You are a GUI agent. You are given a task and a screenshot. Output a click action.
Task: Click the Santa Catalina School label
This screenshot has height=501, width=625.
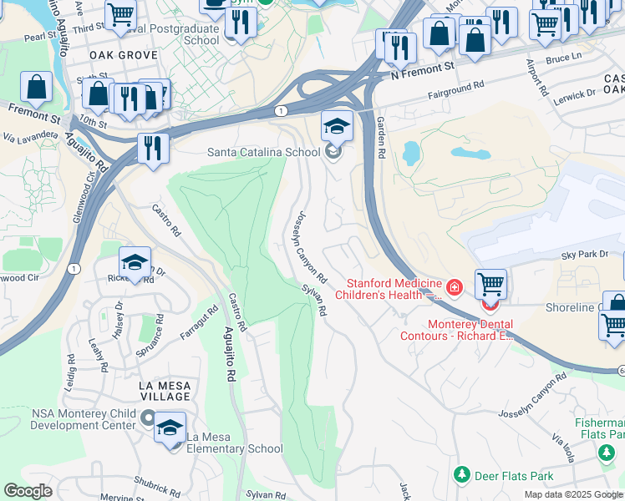[263, 152]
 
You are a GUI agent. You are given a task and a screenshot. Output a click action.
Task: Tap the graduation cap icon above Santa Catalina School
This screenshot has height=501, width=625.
[337, 127]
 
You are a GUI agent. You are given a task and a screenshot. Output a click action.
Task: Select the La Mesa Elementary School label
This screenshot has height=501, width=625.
[235, 448]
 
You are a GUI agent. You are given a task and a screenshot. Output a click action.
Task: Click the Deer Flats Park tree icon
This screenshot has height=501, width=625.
[461, 475]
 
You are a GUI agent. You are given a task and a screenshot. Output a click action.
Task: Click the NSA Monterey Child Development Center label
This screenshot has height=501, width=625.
[83, 419]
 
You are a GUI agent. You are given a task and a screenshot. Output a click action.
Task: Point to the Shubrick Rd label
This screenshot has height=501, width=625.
[156, 487]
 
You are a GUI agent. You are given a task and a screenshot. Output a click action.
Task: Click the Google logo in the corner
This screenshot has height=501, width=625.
[28, 491]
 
